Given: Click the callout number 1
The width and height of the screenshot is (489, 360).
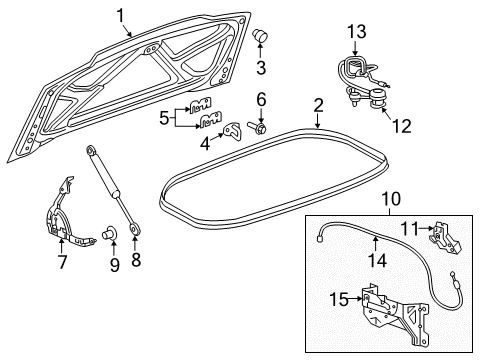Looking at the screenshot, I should click(120, 16).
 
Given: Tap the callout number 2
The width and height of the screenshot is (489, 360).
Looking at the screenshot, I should click(318, 106).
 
